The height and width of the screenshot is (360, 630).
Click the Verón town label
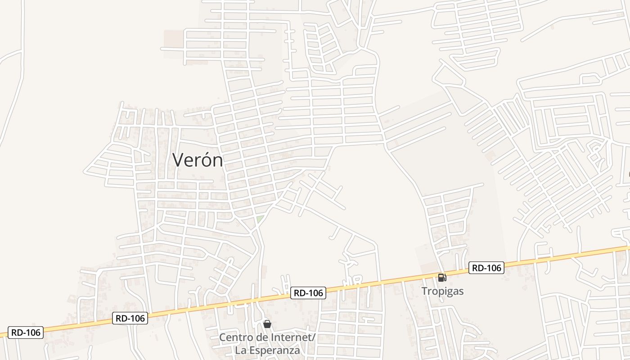tap(198, 160)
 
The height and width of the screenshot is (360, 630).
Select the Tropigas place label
tap(442, 291)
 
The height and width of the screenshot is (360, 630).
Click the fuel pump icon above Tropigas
tap(442, 278)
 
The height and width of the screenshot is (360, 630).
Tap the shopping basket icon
tap(267, 324)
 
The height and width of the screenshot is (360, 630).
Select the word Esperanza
tap(274, 350)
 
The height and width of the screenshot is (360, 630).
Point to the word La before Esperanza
tap(240, 350)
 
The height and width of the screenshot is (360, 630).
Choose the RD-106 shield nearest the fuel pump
tap(486, 268)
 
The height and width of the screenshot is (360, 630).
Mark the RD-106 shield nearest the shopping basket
tap(308, 293)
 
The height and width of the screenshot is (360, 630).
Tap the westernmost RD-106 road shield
tap(26, 333)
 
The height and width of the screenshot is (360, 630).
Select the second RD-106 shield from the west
tap(130, 319)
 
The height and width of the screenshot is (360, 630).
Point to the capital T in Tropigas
tap(424, 291)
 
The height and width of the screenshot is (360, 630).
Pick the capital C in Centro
tap(222, 337)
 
